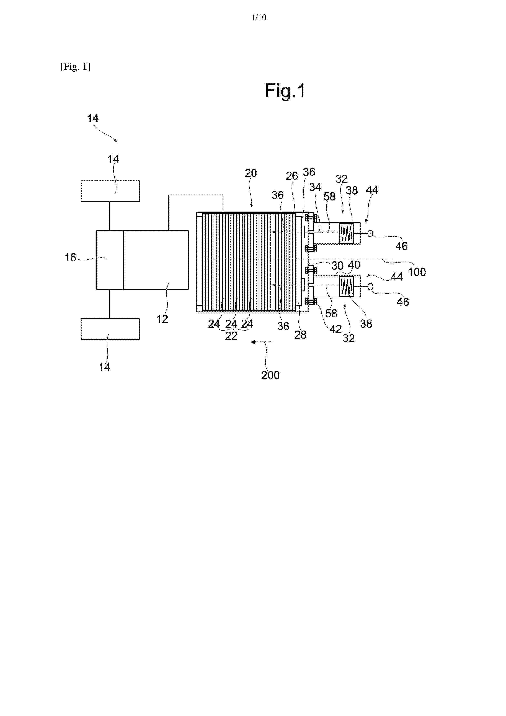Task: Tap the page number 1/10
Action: point(259,18)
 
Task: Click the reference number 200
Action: point(270,375)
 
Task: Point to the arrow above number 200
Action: point(262,342)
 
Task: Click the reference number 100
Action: point(417,272)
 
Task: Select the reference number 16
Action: point(70,258)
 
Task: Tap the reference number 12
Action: point(162,319)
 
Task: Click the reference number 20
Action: point(251,173)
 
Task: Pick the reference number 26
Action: point(292,176)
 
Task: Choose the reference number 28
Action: point(300,335)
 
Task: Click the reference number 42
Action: point(335,329)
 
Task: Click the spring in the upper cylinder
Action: point(346,233)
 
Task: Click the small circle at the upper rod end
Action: point(370,233)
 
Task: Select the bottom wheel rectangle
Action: point(110,329)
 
